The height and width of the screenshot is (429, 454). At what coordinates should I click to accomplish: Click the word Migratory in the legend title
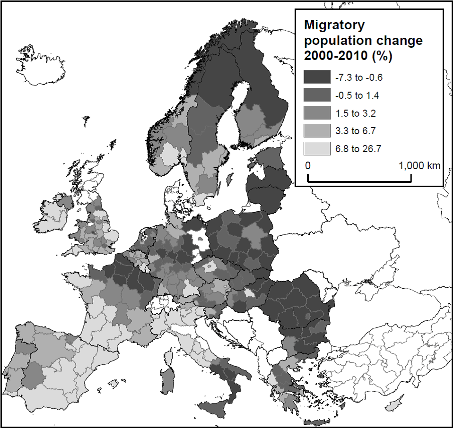coord(334,26)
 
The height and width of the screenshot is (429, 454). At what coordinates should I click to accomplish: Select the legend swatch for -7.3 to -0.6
coord(317,77)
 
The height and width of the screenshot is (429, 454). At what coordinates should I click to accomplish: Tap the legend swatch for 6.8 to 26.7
coord(317,149)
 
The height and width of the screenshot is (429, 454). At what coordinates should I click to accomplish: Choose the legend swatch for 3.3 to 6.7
coord(317,131)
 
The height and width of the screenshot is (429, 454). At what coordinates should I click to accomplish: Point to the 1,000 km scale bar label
coord(419,166)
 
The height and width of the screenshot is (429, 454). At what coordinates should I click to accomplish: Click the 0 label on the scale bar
coord(307,166)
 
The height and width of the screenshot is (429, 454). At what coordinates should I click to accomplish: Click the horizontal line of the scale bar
coord(359,181)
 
